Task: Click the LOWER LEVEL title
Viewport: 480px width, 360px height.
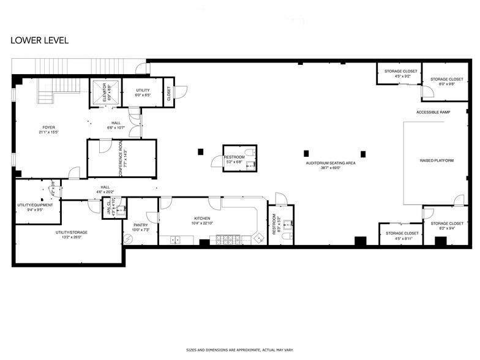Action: point(39,40)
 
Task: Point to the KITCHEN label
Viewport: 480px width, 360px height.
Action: point(202,219)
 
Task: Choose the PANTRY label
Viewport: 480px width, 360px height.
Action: point(140,225)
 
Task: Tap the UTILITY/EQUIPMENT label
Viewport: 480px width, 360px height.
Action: point(35,205)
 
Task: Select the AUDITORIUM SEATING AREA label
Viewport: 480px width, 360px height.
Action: point(331,163)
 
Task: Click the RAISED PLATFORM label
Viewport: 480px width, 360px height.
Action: point(437,161)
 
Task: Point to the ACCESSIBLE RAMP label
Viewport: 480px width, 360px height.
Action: point(433,113)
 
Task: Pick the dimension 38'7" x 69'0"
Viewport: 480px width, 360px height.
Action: point(331,168)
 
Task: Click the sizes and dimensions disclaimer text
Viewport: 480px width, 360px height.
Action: point(239,350)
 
